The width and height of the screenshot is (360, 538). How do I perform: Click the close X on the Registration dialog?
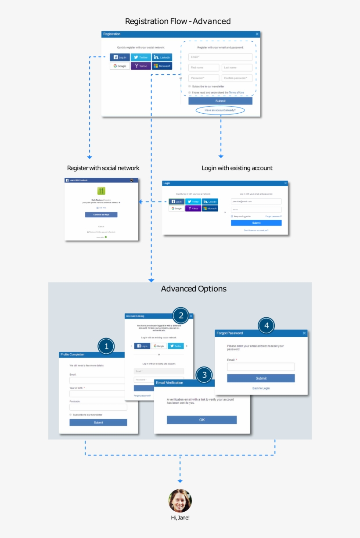click(257, 34)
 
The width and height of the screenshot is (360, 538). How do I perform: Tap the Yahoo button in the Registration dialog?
click(141, 66)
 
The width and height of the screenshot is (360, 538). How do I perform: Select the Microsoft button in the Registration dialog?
click(162, 66)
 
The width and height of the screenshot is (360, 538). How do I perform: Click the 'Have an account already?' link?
click(220, 110)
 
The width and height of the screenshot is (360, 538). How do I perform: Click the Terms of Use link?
click(236, 93)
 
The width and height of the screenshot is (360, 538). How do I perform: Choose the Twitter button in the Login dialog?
click(193, 201)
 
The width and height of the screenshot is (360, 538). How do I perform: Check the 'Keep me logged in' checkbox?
click(232, 216)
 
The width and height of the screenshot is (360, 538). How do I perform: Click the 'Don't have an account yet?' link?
click(256, 230)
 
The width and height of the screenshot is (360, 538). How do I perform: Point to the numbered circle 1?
click(106, 346)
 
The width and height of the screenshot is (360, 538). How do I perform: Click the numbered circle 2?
click(181, 315)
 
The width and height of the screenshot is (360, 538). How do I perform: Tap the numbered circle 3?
click(204, 375)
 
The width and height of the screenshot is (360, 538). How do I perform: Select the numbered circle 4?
click(266, 326)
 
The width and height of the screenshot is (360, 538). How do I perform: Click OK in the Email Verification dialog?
click(202, 420)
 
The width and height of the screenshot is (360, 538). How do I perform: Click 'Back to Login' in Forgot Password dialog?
click(261, 388)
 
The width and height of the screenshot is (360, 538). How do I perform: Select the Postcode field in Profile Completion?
click(98, 407)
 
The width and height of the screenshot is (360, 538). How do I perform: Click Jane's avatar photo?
click(180, 501)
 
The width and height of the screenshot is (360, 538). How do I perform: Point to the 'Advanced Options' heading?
click(194, 289)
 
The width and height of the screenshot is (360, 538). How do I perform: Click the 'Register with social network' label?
click(103, 168)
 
